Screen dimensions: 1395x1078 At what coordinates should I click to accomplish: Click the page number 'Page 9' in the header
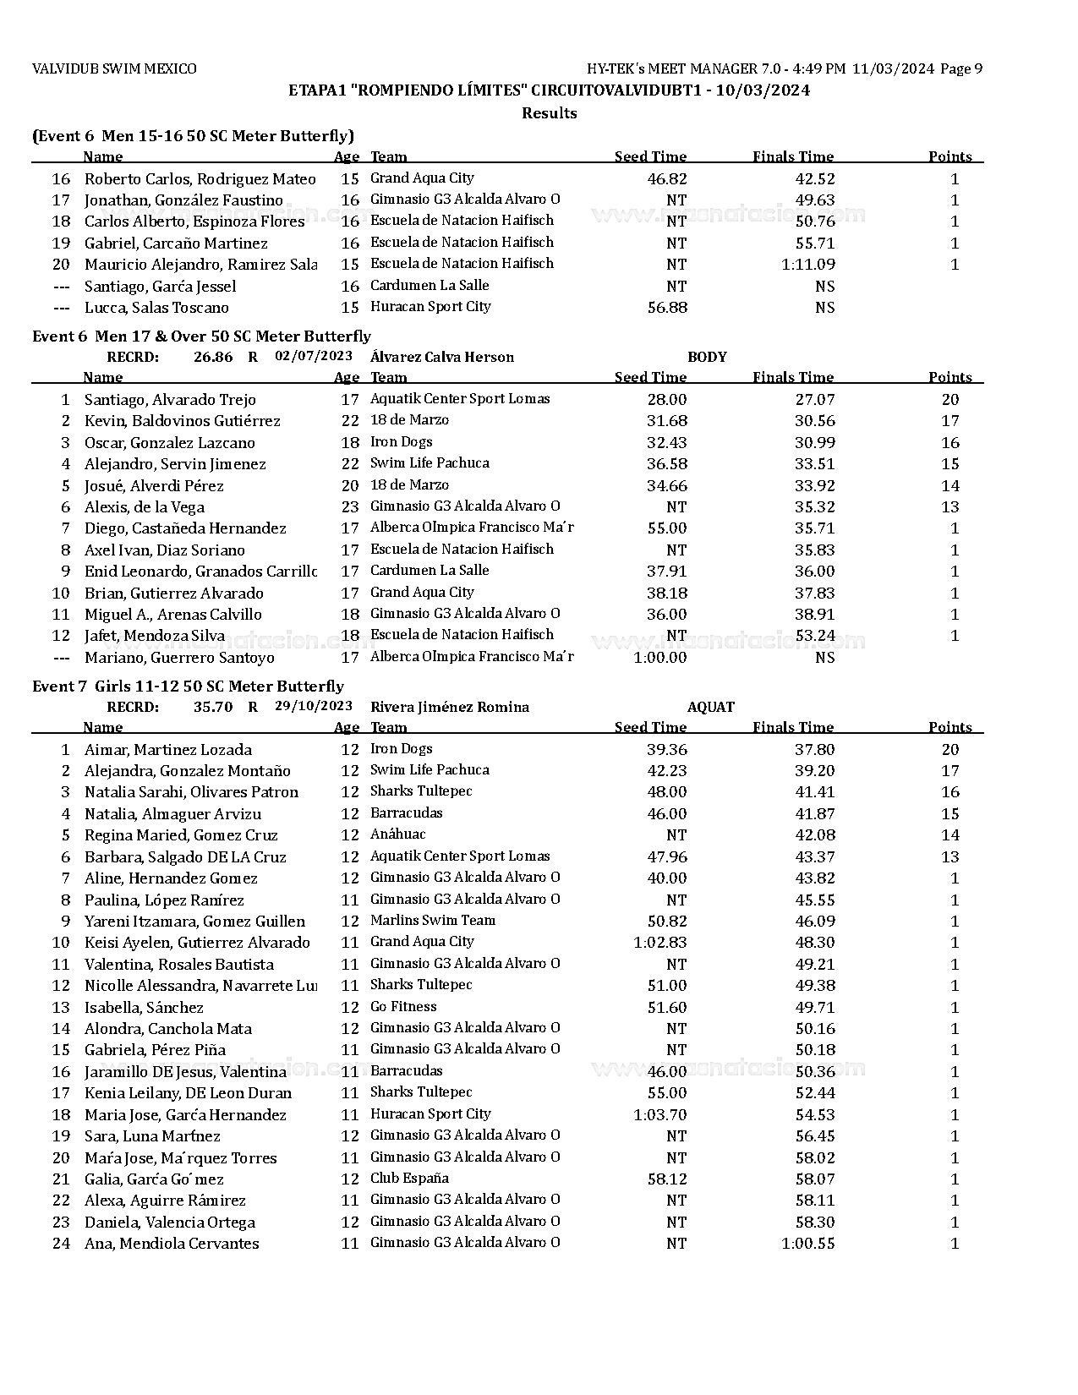tap(961, 69)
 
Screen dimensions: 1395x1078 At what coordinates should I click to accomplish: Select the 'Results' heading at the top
tap(549, 113)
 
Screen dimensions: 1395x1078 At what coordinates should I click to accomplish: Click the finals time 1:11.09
tap(808, 265)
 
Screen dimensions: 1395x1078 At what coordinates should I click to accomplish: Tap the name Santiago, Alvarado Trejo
tap(170, 400)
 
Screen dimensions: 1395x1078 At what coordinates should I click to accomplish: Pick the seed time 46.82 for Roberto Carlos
tap(667, 179)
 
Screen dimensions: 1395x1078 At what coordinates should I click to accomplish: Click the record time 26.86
tap(213, 357)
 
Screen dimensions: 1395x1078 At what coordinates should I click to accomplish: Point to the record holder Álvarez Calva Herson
tap(441, 357)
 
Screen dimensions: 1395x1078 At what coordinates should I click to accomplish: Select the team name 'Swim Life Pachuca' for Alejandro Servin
tap(430, 463)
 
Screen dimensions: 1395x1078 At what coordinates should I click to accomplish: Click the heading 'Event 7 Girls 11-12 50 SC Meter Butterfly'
tap(188, 687)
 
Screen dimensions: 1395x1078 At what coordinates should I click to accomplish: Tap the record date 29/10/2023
tap(314, 706)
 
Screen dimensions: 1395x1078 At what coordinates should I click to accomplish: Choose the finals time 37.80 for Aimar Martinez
tap(815, 750)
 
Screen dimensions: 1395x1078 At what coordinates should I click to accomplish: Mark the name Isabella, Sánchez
tap(144, 1008)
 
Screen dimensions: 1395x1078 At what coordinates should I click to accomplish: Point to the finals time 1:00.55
tap(808, 1244)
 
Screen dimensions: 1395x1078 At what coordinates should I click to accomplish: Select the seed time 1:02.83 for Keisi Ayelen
tap(660, 943)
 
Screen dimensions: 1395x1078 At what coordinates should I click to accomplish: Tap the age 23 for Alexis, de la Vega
tap(350, 507)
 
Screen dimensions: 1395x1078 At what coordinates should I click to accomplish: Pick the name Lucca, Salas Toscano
tap(156, 308)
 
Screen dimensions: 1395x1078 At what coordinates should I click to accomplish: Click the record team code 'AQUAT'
tap(710, 707)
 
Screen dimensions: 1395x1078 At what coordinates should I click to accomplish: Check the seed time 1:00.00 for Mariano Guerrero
tap(660, 658)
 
